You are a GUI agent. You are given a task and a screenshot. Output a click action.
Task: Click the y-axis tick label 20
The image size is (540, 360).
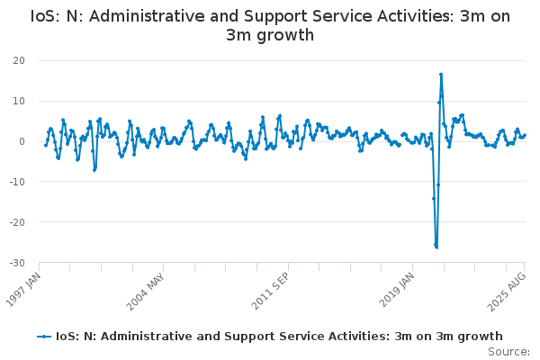pyautogui.click(x=18, y=60)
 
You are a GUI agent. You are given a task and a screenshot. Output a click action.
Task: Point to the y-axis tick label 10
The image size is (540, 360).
pyautogui.click(x=18, y=101)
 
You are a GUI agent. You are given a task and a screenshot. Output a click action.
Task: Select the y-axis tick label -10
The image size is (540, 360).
pyautogui.click(x=16, y=182)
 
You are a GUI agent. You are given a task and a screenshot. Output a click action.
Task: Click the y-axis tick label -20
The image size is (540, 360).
pyautogui.click(x=16, y=222)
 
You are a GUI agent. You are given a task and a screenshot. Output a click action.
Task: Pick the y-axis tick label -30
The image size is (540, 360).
pyautogui.click(x=16, y=263)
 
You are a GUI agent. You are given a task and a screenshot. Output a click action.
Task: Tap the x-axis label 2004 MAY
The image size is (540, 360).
pyautogui.click(x=148, y=288)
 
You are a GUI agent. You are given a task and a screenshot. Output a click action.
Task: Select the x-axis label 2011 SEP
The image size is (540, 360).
pyautogui.click(x=273, y=288)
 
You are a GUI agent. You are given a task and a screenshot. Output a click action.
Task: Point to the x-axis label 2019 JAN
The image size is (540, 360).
pyautogui.click(x=397, y=288)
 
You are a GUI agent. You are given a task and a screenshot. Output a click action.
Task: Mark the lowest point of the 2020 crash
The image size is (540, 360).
pyautogui.click(x=436, y=247)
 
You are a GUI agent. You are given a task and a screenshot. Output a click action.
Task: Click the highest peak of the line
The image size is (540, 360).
pyautogui.click(x=441, y=75)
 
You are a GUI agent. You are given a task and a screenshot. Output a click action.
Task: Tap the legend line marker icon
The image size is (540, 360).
pyautogui.click(x=45, y=337)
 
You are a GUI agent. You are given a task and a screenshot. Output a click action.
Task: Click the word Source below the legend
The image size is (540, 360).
pyautogui.click(x=508, y=351)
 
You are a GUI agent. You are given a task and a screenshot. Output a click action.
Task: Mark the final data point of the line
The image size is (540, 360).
pyautogui.click(x=525, y=135)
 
